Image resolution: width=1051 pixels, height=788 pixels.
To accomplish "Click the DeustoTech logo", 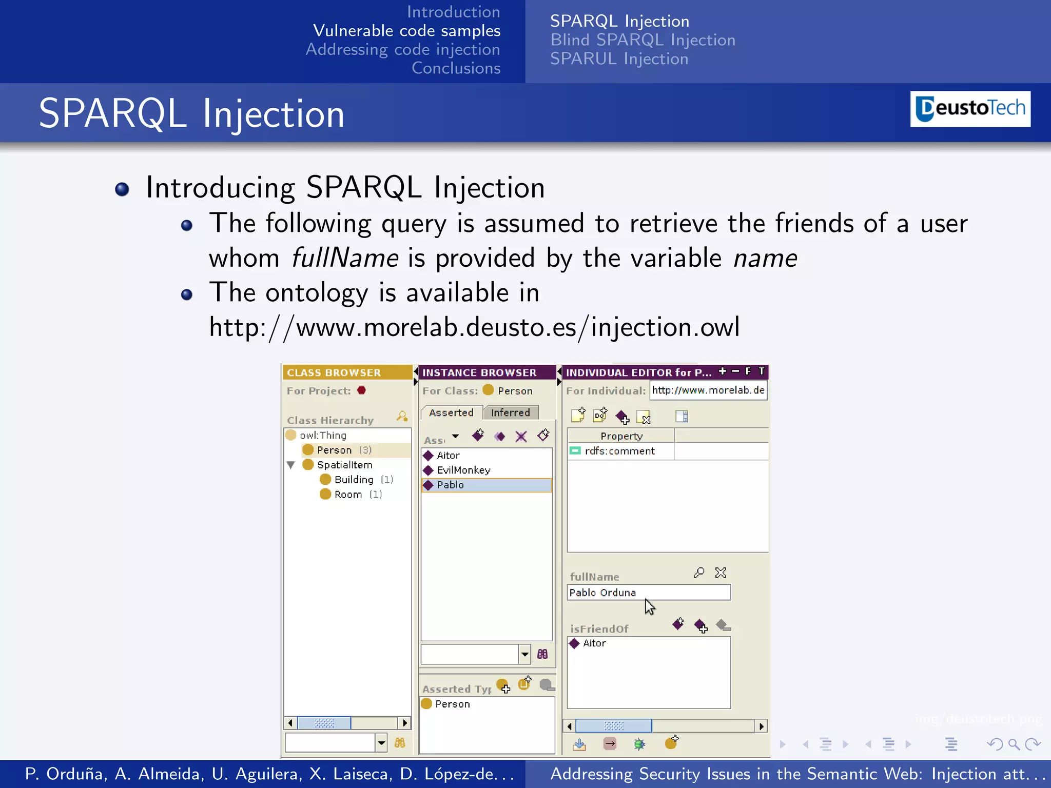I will pos(970,109).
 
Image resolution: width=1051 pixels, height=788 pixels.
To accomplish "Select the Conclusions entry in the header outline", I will pos(456,68).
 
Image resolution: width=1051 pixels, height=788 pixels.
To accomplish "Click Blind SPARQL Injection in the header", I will pos(643,40).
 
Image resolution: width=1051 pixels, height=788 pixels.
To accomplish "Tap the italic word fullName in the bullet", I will pos(344,258).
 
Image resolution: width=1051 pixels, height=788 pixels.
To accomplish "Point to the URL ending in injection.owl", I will pos(474,327).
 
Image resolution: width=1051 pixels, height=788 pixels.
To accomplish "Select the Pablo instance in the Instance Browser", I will pos(450,485).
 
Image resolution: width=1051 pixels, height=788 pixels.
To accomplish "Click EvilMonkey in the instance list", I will pos(463,470).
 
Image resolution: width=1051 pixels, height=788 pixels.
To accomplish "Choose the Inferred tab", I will pos(510,412).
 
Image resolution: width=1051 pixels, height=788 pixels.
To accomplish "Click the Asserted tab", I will pos(451,412).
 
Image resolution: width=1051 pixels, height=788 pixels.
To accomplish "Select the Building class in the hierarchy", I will pos(354,480).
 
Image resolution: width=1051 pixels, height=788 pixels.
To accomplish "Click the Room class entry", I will pos(348,495).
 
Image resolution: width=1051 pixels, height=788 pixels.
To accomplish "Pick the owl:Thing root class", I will pos(323,435).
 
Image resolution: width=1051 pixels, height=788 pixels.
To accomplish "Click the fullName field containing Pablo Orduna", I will pos(648,593).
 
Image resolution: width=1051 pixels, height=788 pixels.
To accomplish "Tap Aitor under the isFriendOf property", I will pos(594,643).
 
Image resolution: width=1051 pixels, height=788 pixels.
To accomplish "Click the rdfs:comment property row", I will pos(619,451).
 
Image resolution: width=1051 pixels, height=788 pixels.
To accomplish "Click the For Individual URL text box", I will pos(708,390).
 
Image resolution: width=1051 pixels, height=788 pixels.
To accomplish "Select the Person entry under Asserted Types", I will pos(452,704).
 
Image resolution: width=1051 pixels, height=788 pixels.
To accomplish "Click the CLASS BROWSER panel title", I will pos(334,372).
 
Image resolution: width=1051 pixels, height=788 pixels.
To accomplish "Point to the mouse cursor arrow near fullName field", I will pos(649,606).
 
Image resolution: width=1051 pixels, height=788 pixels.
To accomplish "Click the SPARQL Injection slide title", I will pos(191,113).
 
